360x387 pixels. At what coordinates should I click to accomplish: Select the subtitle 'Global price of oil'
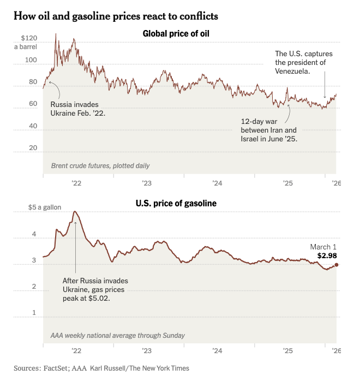pos(176,34)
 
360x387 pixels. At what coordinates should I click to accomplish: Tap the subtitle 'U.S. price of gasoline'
pos(176,204)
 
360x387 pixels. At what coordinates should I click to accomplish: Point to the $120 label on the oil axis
pos(29,39)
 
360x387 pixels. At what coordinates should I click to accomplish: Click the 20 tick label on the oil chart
pos(32,148)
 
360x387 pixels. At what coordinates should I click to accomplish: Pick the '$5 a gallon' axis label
pos(45,207)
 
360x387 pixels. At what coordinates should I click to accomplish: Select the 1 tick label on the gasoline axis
pos(34,313)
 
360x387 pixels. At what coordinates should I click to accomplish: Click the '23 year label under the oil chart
pos(147,183)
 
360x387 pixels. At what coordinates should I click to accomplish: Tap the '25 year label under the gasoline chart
pos(288,352)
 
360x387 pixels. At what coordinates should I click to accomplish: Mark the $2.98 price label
pos(327,255)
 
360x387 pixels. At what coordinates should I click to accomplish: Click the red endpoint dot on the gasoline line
pos(337,265)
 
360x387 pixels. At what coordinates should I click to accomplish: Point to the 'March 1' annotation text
pos(323,247)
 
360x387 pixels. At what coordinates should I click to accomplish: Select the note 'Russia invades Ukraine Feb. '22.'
pos(77,109)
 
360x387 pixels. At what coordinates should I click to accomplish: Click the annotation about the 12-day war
pos(269,130)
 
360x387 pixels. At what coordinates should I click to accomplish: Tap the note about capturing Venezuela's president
pos(303,62)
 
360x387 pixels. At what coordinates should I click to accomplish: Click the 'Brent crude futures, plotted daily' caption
pos(100,165)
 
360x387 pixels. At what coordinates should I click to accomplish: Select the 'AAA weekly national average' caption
pos(117,335)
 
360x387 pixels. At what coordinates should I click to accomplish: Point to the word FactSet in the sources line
pos(57,368)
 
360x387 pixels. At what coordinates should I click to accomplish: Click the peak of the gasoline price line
pos(75,211)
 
